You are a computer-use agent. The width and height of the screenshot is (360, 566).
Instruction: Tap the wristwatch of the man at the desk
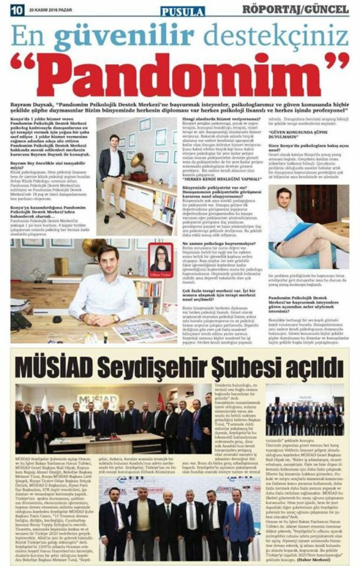116,319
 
